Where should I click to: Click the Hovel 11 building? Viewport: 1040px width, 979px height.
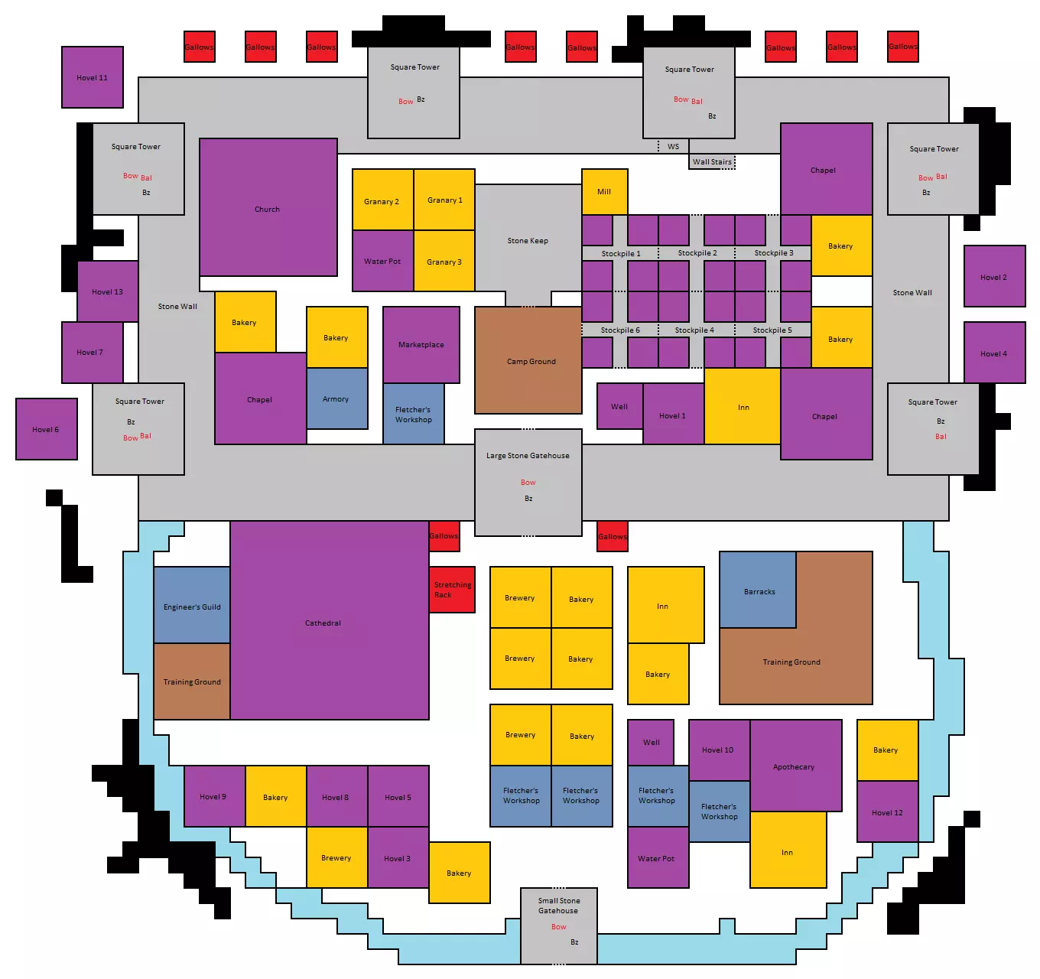93,77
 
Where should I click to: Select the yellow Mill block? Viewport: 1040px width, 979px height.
604,192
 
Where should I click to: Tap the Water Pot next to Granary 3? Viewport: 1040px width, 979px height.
383,261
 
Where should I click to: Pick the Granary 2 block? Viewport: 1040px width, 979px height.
383,200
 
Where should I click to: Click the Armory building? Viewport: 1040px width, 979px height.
336,398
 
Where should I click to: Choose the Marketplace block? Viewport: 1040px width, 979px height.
421,345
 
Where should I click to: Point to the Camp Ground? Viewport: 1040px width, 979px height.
528,360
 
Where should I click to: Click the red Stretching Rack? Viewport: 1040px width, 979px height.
452,589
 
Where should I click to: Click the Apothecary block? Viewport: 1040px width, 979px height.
796,766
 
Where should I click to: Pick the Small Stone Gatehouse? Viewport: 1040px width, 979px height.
559,926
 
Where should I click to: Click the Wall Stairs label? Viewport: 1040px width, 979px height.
712,162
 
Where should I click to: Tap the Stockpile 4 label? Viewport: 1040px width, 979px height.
694,330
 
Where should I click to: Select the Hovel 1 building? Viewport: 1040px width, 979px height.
674,414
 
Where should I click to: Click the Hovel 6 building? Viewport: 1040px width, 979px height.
47,429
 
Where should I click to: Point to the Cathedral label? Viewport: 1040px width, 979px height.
323,623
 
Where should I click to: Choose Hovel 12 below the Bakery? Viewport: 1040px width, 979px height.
888,811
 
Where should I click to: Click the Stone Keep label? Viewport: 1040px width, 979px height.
528,240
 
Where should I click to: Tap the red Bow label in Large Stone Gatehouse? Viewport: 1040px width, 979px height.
528,482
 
